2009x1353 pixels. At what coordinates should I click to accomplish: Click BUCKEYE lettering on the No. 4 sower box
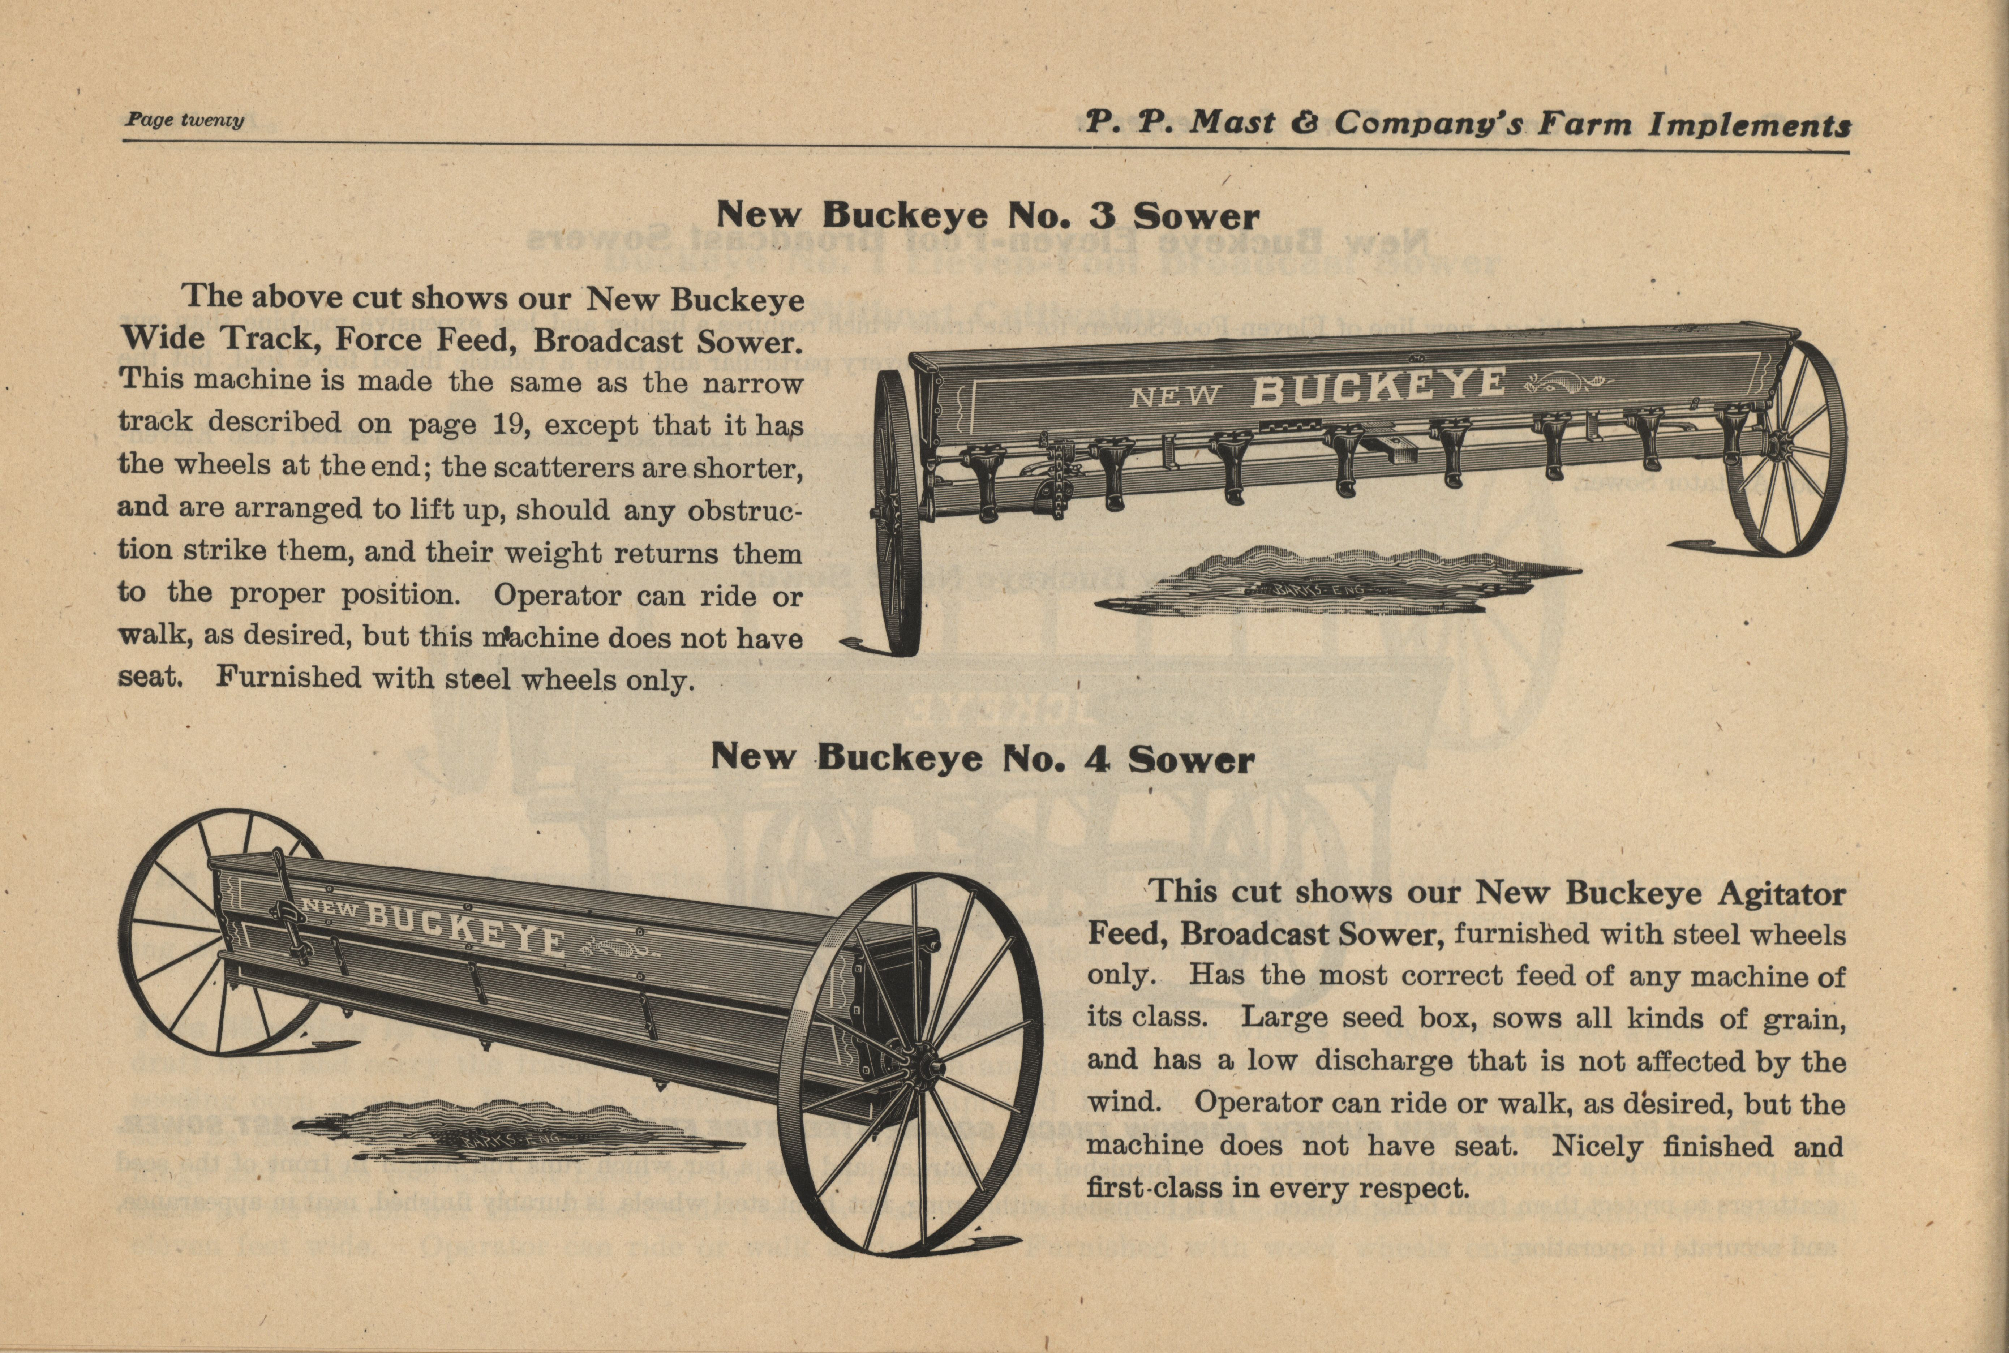click(466, 928)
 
